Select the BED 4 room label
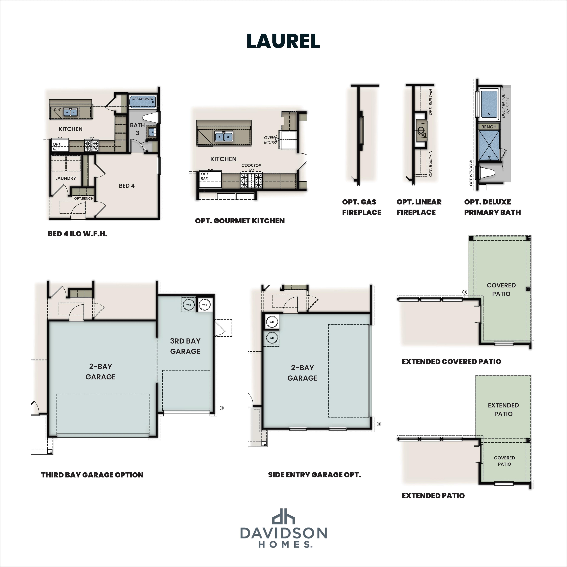click(127, 186)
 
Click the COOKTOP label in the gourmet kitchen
click(251, 166)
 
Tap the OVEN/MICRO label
click(270, 140)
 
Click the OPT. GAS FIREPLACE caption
click(361, 207)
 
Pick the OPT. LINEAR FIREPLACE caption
click(419, 207)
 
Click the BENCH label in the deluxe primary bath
click(489, 127)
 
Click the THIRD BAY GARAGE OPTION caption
click(92, 475)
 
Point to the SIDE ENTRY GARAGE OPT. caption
click(314, 475)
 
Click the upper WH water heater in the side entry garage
click(272, 322)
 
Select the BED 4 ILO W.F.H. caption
click(78, 234)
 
